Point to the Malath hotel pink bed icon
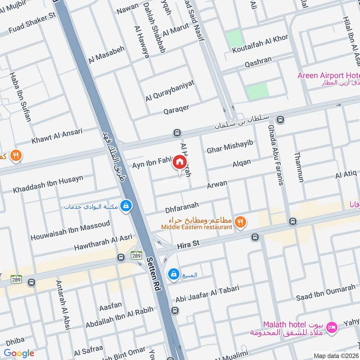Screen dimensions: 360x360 click(333, 328)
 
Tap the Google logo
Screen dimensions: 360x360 click(19, 353)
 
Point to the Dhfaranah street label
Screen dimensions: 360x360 click(182, 206)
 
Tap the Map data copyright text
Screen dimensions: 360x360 click(336, 355)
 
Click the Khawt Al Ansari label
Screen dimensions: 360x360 click(57, 136)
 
